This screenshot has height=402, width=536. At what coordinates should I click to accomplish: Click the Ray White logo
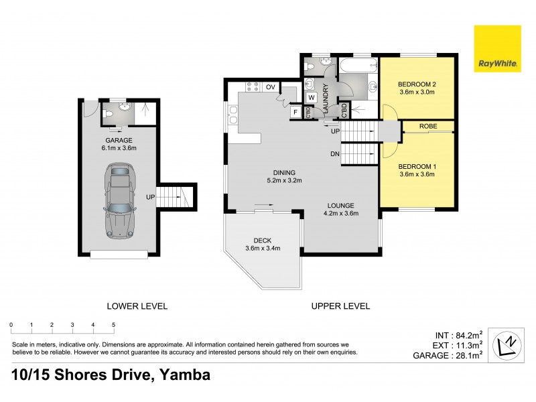[497, 49]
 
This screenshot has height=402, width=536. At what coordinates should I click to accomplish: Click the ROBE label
[428, 126]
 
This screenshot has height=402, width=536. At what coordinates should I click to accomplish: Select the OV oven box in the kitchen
[271, 87]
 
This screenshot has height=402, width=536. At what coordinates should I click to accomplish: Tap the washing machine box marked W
[311, 98]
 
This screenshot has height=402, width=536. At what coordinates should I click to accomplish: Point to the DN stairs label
[334, 153]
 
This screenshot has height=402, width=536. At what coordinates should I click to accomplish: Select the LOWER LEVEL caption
[137, 306]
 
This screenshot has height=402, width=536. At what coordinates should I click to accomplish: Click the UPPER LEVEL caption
[340, 306]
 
